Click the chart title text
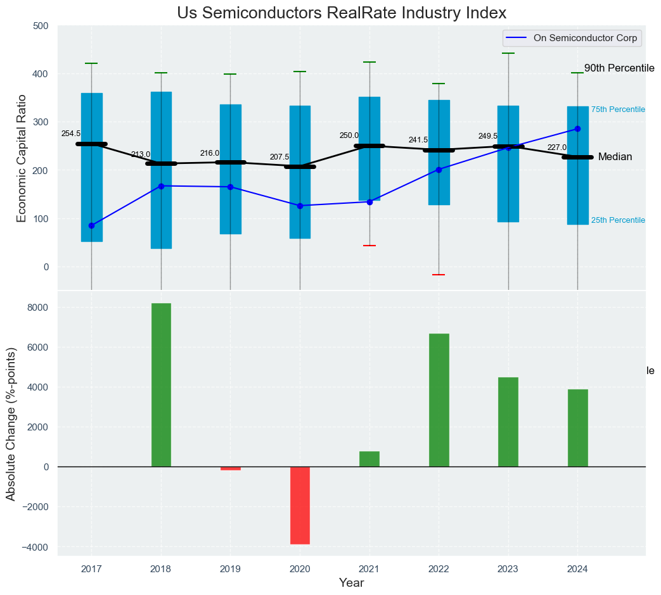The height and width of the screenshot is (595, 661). (x=342, y=13)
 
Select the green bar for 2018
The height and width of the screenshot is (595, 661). (x=161, y=385)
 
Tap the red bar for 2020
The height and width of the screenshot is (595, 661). (x=300, y=505)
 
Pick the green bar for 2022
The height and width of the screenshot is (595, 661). (x=439, y=400)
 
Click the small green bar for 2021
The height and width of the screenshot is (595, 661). (x=369, y=459)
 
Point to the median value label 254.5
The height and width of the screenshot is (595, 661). (x=71, y=134)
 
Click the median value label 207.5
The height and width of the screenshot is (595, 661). (x=279, y=157)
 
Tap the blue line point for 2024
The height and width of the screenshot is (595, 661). (x=577, y=129)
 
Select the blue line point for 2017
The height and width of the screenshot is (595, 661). (x=92, y=225)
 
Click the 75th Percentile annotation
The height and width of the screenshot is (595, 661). (x=618, y=110)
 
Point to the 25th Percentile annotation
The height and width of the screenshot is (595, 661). (x=618, y=220)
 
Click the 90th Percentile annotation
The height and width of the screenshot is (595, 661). (x=619, y=68)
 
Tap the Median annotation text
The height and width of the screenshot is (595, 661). (x=615, y=157)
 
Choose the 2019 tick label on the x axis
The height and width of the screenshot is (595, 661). (x=230, y=569)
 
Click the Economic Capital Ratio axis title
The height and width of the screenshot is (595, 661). (x=22, y=158)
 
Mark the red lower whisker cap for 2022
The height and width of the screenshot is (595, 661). (x=439, y=275)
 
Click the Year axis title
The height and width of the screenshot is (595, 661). (x=351, y=582)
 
